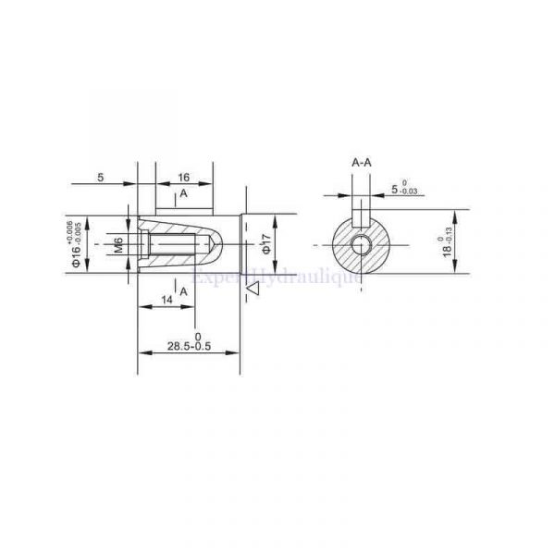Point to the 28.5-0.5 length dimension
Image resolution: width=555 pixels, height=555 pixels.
pyautogui.click(x=191, y=346)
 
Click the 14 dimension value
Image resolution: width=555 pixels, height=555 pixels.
pyautogui.click(x=166, y=300)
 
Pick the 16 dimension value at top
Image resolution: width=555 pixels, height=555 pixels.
pyautogui.click(x=183, y=176)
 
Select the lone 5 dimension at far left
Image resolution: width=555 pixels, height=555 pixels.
pyautogui.click(x=100, y=176)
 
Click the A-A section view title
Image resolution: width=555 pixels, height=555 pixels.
pyautogui.click(x=362, y=163)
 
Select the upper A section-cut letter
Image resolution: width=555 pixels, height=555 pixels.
pyautogui.click(x=183, y=194)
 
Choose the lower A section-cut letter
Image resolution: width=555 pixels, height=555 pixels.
pyautogui.click(x=183, y=290)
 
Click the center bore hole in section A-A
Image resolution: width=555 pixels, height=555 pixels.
pyautogui.click(x=362, y=245)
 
